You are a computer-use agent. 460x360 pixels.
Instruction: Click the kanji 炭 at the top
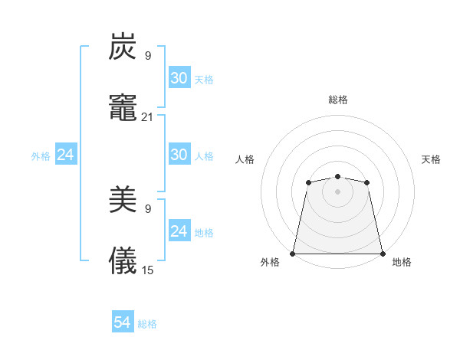123,47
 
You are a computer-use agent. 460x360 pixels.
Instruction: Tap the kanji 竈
123,108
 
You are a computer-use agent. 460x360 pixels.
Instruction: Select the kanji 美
123,201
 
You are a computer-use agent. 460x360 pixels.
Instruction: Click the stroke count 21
147,117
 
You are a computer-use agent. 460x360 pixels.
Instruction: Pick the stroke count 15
147,270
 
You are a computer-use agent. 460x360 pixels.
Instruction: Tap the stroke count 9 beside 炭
147,56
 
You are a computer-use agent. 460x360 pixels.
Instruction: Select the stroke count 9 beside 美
147,209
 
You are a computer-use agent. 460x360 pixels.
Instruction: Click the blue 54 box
123,323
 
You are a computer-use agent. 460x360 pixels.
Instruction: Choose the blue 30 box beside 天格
179,78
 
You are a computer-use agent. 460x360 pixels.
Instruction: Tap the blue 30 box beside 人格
179,155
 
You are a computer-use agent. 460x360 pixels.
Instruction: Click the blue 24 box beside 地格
179,231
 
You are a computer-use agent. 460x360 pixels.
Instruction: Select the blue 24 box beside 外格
66,155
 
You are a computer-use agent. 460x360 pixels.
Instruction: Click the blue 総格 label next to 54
147,324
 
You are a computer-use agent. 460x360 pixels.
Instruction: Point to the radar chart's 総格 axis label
337,100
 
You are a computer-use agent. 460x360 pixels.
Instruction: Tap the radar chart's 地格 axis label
402,262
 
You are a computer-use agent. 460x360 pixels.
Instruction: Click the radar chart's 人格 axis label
245,159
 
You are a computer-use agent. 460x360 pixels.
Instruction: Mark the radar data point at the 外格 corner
293,253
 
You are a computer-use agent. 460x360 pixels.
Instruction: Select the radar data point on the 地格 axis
382,253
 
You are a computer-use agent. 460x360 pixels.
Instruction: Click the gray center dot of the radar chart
337,191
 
